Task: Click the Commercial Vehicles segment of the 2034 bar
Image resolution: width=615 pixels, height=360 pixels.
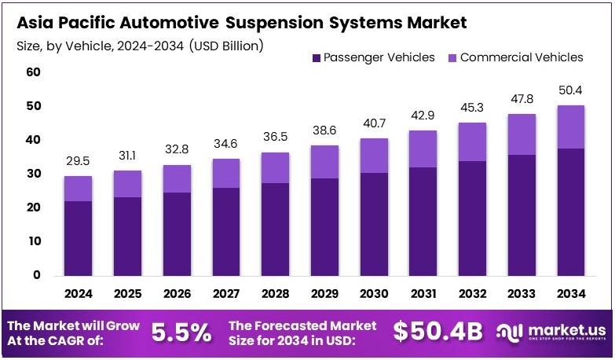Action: click(571, 127)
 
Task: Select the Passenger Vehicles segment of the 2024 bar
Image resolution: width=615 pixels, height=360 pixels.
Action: click(78, 237)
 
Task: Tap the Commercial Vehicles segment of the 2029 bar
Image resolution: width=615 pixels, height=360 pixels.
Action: click(324, 162)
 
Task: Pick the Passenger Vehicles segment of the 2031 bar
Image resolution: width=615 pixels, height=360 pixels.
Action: click(423, 221)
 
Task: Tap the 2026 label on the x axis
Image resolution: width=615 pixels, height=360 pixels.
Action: click(177, 293)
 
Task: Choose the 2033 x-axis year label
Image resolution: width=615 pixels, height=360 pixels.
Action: click(522, 293)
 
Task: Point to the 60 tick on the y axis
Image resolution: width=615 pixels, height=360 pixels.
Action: click(33, 72)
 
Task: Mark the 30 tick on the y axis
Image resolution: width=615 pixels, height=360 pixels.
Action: click(33, 174)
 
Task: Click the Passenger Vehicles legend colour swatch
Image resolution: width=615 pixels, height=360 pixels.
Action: click(317, 57)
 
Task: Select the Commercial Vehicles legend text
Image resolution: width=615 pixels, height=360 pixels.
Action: click(522, 57)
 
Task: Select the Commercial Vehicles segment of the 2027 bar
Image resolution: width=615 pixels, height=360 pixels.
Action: click(226, 173)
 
